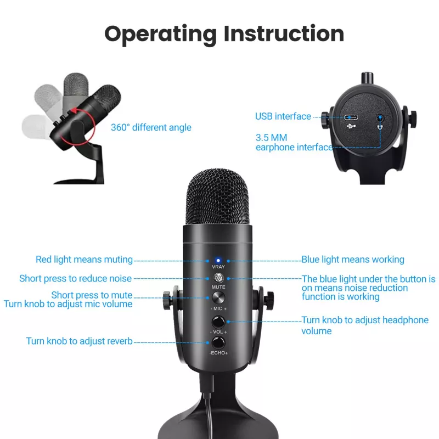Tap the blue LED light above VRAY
pos(218,261)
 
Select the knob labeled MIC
pos(218,297)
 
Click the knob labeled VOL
pos(218,322)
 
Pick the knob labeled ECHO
pos(218,342)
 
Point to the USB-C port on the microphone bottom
pos(351,117)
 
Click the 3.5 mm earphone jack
pos(380,118)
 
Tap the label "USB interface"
pos(283,116)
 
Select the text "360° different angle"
pos(151,127)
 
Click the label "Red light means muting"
pos(84,260)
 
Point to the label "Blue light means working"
pos(353,260)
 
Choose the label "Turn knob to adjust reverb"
pos(79,341)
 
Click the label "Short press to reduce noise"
pos(75,279)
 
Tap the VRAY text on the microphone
pos(218,267)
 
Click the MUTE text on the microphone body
pos(218,287)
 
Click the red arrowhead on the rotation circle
pos(74,111)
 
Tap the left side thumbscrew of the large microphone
pos(167,300)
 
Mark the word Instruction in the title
pos(284,33)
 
